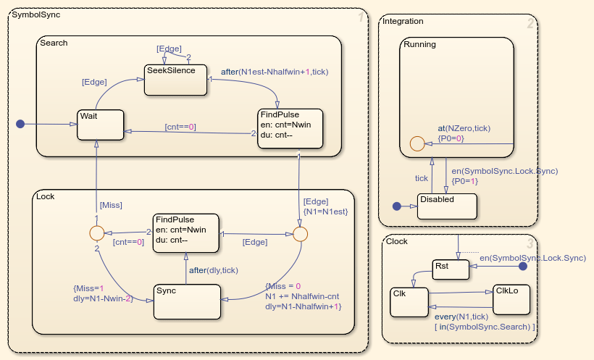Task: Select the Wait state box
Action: pos(100,124)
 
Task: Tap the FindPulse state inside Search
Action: pos(278,129)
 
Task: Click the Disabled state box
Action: pos(448,206)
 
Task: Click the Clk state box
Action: pos(409,301)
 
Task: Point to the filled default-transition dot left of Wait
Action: pos(20,125)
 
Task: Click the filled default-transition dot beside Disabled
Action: pos(396,206)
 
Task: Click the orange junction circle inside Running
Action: pos(417,143)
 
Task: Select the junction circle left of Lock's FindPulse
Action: pos(96,233)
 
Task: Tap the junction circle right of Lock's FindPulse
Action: pos(301,233)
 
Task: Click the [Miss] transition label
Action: pos(111,206)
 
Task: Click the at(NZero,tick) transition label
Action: pos(464,128)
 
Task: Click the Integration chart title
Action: pos(403,21)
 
